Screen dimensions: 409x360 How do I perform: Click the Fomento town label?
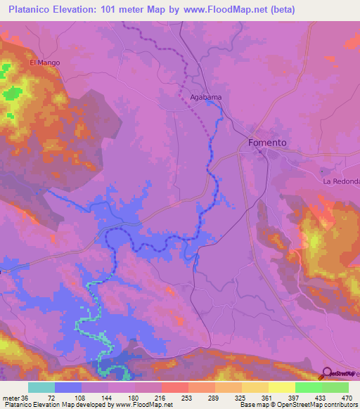point(267,143)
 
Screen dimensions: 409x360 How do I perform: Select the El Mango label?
point(44,63)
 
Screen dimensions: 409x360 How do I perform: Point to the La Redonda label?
point(341,181)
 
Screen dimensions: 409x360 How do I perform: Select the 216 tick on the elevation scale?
point(160,397)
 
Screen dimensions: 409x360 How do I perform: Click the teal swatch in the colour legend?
point(41,387)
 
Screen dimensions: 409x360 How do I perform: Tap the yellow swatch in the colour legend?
point(281,387)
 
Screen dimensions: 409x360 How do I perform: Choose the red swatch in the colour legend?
point(174,387)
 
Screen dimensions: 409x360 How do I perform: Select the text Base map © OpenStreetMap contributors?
point(298,405)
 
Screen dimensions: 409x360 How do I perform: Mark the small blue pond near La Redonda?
point(322,171)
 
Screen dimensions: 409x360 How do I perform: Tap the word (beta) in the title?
point(280,10)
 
